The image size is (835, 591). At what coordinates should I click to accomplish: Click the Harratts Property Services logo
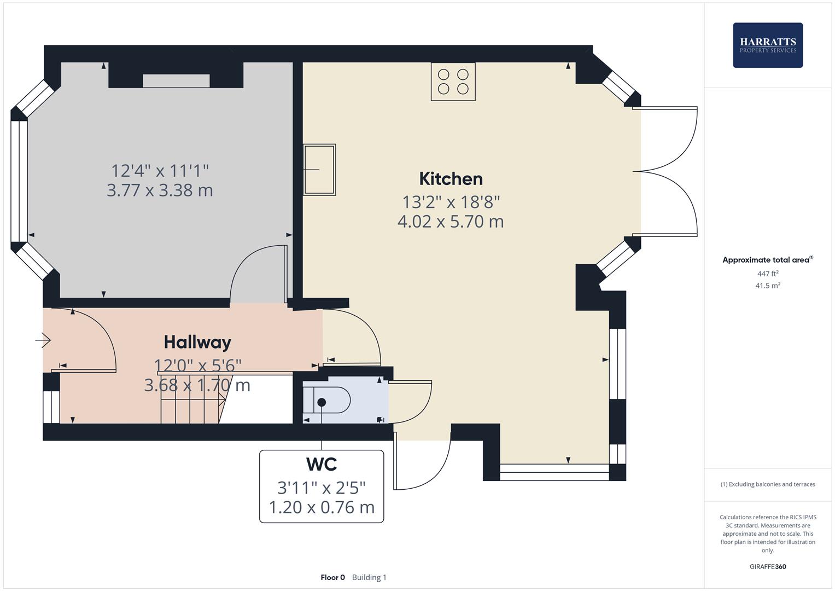tap(767, 45)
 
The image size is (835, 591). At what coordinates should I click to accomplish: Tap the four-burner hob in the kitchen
tap(453, 82)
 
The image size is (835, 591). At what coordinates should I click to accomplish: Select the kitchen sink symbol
tap(319, 170)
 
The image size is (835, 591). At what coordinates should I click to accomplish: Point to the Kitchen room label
tap(451, 179)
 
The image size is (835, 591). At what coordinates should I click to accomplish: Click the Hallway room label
tap(197, 343)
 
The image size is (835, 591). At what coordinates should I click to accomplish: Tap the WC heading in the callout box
tap(321, 464)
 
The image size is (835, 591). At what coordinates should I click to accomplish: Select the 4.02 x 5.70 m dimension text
tap(451, 222)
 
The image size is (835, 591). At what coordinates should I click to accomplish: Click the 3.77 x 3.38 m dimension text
tap(160, 190)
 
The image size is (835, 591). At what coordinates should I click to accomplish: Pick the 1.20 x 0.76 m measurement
tap(321, 507)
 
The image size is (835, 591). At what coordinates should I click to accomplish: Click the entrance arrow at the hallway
tap(43, 341)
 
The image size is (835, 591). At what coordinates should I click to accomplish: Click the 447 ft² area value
tap(767, 274)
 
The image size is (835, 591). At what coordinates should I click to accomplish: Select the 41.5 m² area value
tap(767, 286)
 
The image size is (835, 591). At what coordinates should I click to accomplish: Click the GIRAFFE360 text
tap(767, 566)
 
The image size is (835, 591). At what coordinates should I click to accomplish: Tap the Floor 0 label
tap(332, 577)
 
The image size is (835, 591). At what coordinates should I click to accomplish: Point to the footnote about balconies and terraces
tap(767, 484)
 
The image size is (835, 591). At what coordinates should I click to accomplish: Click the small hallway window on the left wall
tap(51, 406)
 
